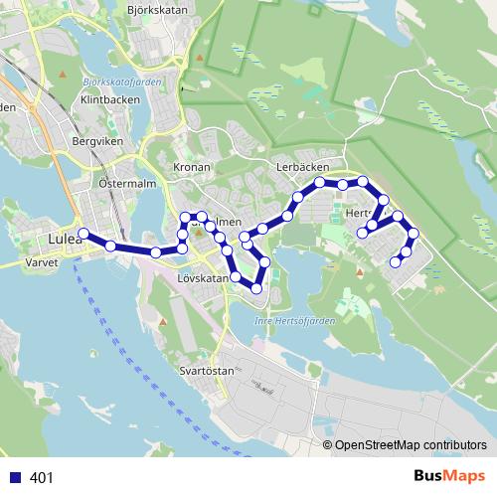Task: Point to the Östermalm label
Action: coord(123,184)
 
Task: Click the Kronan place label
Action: coord(192,167)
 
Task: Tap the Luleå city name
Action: coord(63,240)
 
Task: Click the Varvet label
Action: coord(40,264)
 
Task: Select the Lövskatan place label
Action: coord(202,279)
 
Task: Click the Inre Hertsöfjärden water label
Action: coord(290,320)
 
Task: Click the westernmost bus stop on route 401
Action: coord(83,234)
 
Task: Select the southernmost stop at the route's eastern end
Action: coord(396,262)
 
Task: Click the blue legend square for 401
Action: coord(14,478)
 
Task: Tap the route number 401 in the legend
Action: coord(42,478)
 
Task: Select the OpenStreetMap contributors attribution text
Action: coord(411,445)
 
